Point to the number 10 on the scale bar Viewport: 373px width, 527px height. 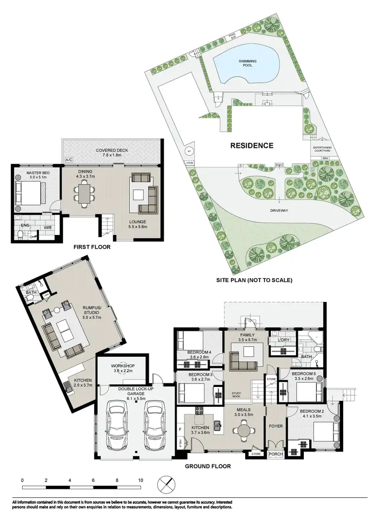click(141, 480)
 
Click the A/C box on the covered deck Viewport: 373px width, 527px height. click(68, 159)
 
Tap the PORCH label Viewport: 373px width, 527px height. click(276, 454)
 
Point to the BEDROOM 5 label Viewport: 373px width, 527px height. click(303, 376)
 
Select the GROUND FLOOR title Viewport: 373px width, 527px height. click(207, 466)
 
